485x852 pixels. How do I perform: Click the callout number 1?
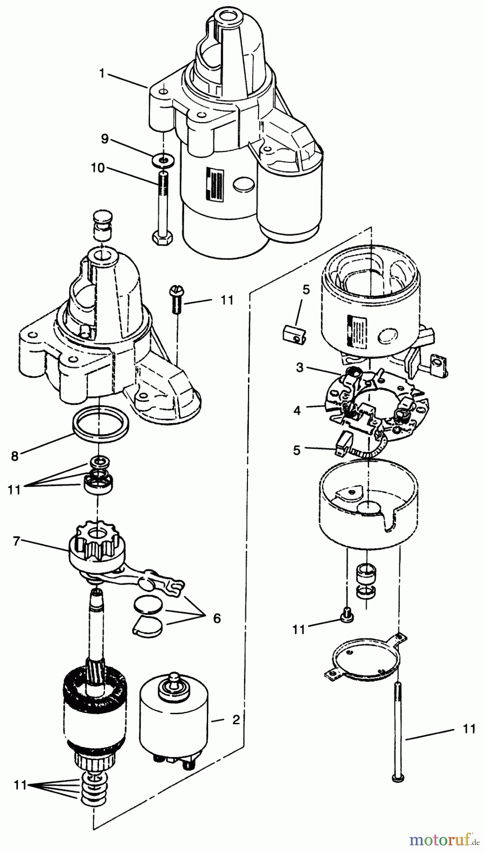(101, 73)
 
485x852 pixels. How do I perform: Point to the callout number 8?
(15, 456)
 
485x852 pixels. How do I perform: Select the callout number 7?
(17, 541)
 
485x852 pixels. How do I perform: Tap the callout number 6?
(217, 618)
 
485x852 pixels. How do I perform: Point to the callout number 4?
(297, 409)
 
